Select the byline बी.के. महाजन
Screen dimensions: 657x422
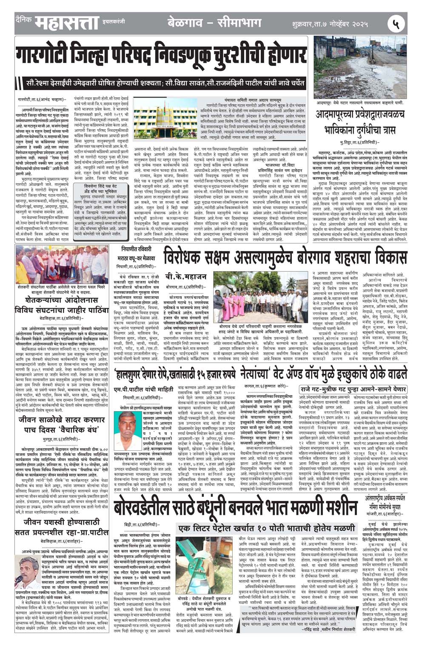186,277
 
